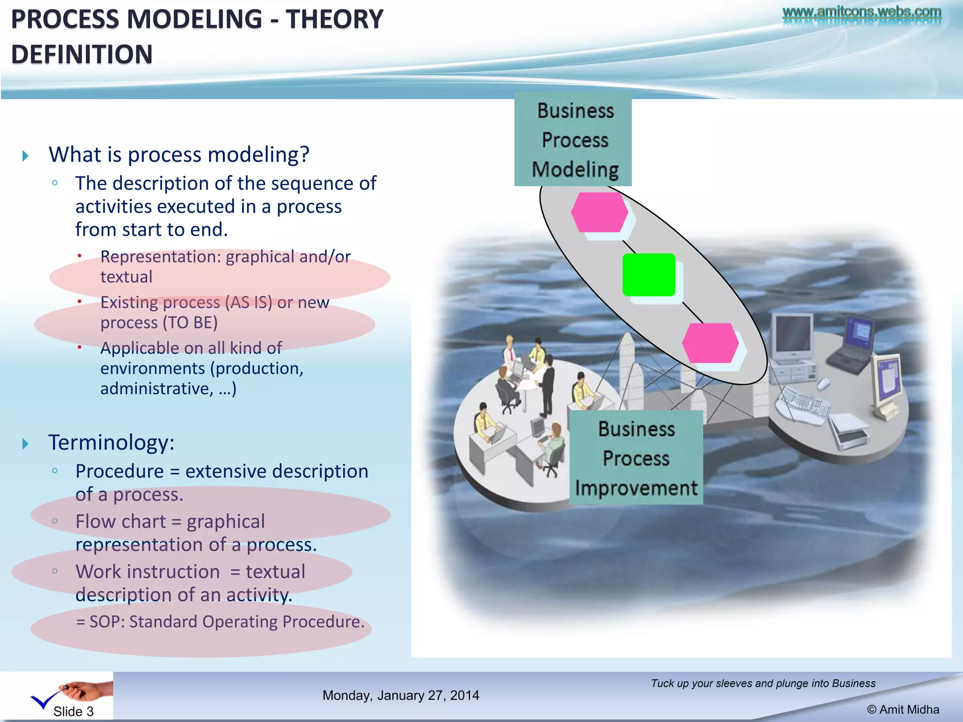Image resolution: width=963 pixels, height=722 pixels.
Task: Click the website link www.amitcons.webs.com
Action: pos(861,11)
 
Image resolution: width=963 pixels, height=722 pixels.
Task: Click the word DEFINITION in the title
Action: pos(82,55)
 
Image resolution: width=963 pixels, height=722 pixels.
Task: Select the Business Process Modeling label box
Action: pos(573,140)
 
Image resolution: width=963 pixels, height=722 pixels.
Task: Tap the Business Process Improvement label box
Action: pos(636,458)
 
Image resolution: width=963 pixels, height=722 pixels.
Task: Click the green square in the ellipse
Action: pos(648,275)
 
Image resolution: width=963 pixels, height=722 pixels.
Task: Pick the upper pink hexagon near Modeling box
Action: pos(600,212)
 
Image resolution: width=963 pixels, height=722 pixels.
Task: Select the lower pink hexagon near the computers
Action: pos(710,343)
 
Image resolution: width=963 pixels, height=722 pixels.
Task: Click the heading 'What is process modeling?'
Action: pos(179,155)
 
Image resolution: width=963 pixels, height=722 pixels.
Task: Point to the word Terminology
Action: pos(111,442)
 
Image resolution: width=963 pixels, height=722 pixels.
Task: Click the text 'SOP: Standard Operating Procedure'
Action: pos(226,621)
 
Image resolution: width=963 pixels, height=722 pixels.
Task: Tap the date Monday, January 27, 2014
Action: pos(401,695)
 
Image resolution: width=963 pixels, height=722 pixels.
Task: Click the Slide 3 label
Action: pos(73,711)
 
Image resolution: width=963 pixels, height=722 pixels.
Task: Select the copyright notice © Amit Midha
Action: pos(903,709)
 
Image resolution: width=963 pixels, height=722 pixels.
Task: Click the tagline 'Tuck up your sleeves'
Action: pos(763,683)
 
